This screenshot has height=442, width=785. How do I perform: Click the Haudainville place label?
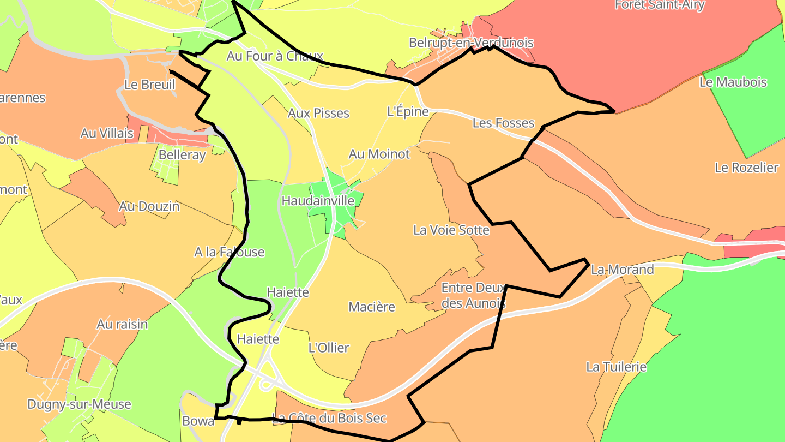[318, 201]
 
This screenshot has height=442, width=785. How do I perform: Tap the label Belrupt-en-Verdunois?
[471, 43]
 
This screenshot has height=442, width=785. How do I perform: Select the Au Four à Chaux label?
[275, 56]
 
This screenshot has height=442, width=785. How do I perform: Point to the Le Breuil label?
[150, 85]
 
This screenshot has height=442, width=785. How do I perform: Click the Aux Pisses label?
[318, 114]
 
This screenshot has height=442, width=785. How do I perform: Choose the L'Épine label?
[408, 111]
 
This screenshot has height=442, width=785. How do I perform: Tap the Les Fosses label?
[503, 123]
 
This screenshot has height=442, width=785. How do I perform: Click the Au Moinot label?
[379, 154]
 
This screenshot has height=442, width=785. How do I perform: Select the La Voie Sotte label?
[451, 230]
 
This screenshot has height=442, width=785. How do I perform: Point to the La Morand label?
[622, 270]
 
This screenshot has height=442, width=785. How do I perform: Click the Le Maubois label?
[733, 82]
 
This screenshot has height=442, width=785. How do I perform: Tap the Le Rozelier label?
[746, 168]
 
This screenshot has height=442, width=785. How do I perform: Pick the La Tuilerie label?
[616, 367]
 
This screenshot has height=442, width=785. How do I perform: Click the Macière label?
[372, 307]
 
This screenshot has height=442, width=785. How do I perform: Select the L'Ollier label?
[329, 348]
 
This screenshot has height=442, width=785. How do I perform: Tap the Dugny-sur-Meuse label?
[79, 404]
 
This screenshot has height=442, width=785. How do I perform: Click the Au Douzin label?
[149, 206]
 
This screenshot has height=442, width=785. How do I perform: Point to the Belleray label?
[182, 155]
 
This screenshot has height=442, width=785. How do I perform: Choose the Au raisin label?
[122, 324]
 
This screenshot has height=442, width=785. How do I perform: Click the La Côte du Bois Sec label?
[329, 419]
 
